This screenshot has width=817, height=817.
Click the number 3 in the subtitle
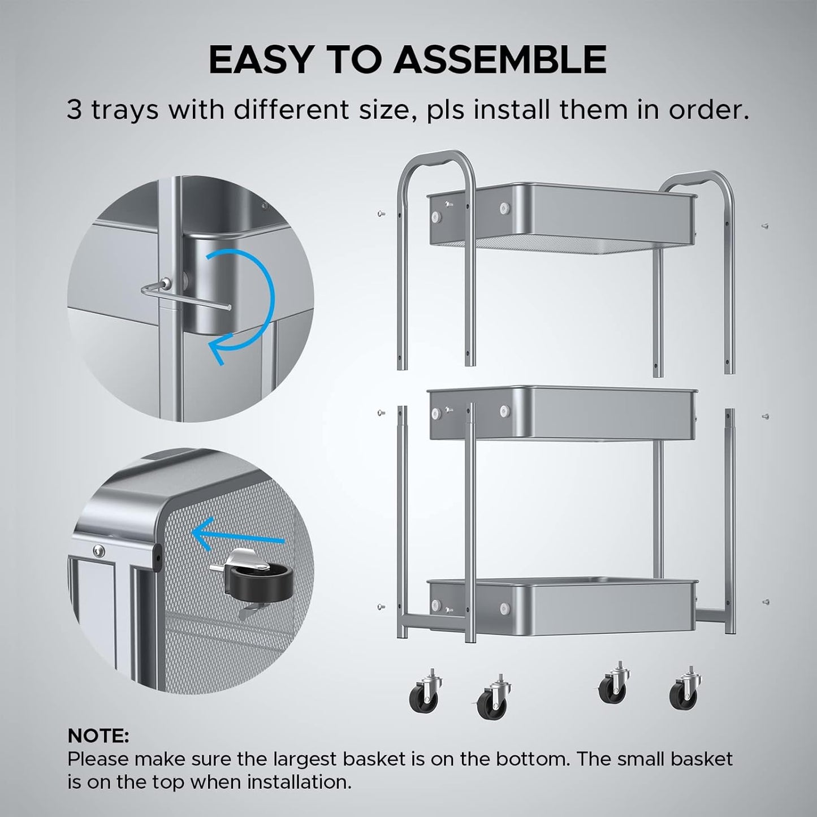click(x=75, y=110)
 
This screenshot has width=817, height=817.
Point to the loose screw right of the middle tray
click(x=764, y=416)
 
